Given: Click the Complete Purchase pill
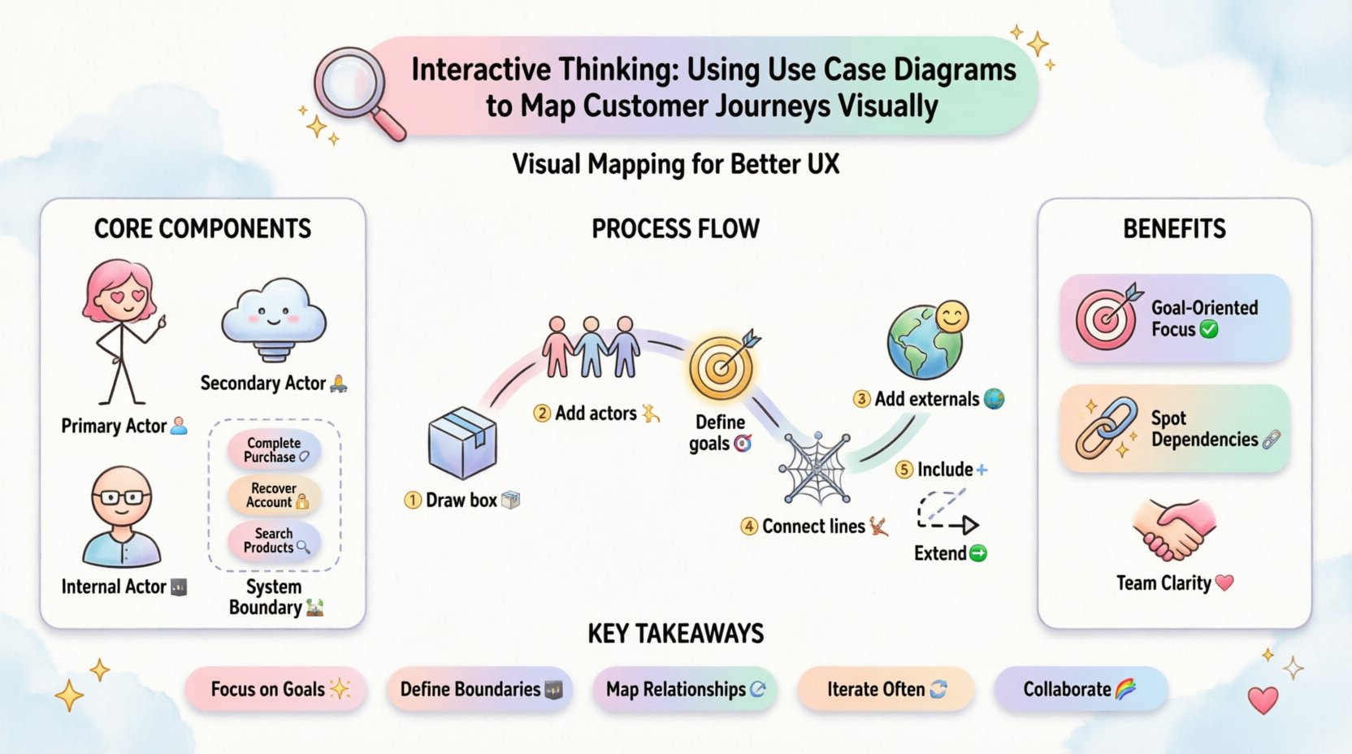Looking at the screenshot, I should [x=274, y=450].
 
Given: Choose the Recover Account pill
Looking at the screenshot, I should [x=274, y=496].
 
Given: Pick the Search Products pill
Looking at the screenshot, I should [x=274, y=540].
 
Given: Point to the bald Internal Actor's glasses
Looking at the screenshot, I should [x=122, y=497].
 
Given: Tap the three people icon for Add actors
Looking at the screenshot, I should [x=591, y=347].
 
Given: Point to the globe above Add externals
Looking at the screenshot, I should [x=925, y=342].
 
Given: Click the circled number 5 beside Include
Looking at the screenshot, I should [x=903, y=470].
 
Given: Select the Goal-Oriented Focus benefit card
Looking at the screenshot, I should [x=1175, y=318].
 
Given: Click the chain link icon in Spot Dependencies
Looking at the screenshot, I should [x=1106, y=427].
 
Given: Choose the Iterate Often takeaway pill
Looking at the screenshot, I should [x=886, y=689].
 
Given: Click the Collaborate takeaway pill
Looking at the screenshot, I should [x=1080, y=689].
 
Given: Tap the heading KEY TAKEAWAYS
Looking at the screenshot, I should [x=675, y=634].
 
